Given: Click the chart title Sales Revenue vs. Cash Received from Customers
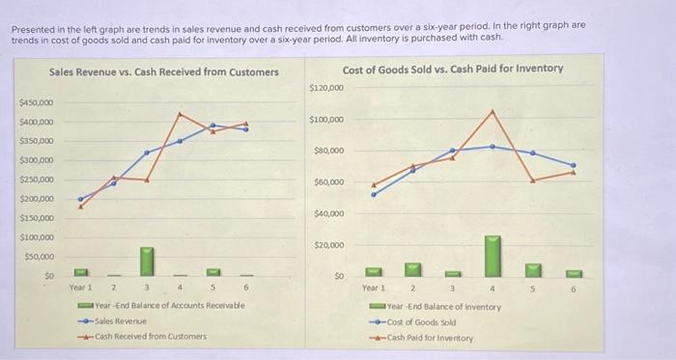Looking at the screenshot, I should (x=163, y=72).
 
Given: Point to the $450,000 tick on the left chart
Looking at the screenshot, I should (x=37, y=102).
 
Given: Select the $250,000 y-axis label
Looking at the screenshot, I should (x=37, y=180).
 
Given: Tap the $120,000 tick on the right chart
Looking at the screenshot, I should (x=325, y=88).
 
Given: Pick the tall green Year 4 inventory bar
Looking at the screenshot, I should (x=493, y=253).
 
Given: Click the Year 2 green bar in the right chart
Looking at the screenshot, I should (x=412, y=266).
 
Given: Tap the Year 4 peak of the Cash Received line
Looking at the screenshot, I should (x=180, y=113).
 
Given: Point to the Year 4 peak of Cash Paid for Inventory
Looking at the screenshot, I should (x=493, y=110).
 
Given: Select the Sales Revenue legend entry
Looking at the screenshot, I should (x=121, y=320).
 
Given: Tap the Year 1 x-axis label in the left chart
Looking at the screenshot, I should (x=80, y=287).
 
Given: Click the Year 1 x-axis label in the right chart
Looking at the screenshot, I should (x=373, y=288).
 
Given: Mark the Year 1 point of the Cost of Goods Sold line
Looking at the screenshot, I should (x=373, y=193).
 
